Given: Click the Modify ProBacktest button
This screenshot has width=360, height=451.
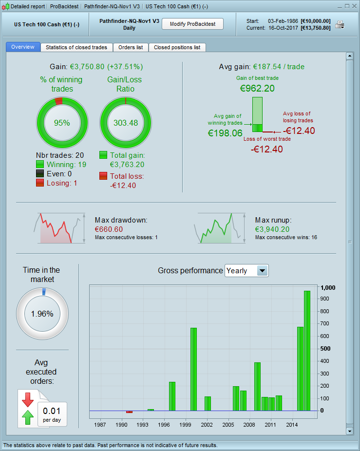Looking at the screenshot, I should (192, 24).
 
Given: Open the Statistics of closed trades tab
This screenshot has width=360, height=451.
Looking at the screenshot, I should (76, 47).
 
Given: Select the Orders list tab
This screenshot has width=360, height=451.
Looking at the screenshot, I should (131, 47).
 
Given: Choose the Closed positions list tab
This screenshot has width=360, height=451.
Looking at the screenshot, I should (177, 47).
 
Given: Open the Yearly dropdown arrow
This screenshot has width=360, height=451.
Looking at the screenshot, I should (262, 271).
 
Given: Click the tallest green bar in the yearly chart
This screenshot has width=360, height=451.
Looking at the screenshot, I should (307, 351).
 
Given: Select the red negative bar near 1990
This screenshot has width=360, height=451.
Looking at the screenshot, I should (129, 412).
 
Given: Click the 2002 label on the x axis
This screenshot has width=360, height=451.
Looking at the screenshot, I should (207, 425).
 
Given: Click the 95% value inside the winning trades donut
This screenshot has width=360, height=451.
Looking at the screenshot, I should (62, 123).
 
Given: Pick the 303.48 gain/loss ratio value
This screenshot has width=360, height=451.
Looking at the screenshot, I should (125, 123).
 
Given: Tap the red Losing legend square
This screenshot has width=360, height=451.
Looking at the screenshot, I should (40, 183).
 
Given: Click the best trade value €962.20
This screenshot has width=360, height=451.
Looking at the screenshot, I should (257, 88).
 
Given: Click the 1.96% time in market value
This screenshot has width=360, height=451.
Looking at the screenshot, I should (42, 314).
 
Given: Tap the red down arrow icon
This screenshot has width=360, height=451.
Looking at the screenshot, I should (27, 399).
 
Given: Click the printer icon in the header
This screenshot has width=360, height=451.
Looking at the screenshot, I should (340, 24).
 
